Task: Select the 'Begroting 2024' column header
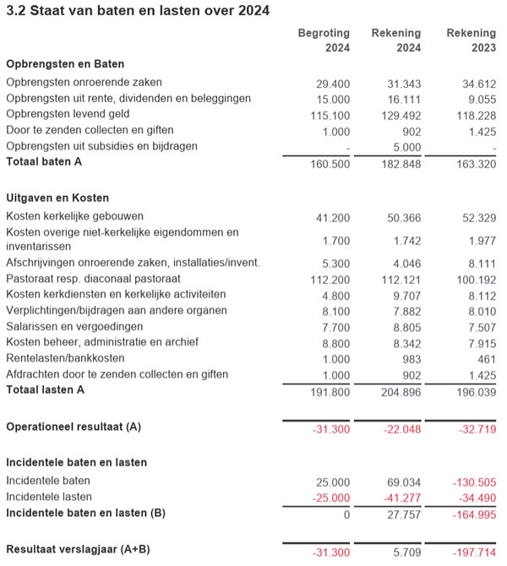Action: click(x=324, y=41)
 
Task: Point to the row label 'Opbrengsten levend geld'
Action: click(x=68, y=114)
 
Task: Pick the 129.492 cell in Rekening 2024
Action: click(x=401, y=115)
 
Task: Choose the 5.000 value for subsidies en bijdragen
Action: click(x=406, y=146)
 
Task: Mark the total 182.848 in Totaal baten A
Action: click(x=401, y=162)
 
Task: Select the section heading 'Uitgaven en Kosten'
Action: click(x=58, y=198)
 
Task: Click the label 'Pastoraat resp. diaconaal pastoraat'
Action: click(x=93, y=278)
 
